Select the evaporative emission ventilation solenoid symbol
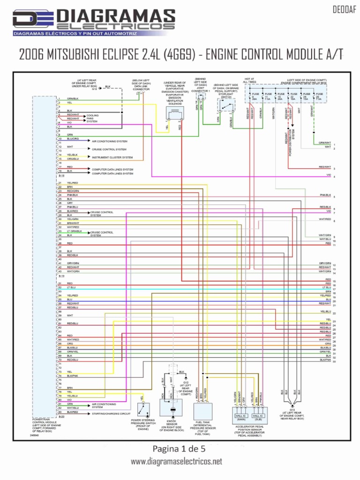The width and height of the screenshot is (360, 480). click(x=174, y=112)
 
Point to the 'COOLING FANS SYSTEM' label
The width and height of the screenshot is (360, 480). click(x=93, y=118)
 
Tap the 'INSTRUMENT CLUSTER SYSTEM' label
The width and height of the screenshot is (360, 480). click(x=112, y=157)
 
